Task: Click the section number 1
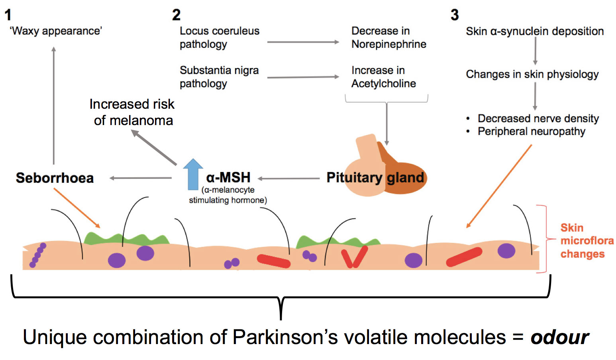coord(8,15)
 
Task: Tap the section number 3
coord(455,15)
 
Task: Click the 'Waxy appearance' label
coord(56,31)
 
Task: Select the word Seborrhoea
coord(55,178)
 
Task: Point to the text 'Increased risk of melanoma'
coord(132,112)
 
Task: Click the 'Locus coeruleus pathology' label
coord(219,37)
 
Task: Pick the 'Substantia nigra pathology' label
coord(219,77)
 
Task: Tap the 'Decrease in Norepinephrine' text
coord(388,37)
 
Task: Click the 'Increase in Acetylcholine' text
coord(383,77)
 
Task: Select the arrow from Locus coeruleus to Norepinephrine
coord(303,42)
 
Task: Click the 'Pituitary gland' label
coord(375,178)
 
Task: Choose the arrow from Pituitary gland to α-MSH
coord(289,178)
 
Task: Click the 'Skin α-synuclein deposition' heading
coord(535,31)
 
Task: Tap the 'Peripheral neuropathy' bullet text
coord(531,131)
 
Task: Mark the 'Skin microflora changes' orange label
coord(587,241)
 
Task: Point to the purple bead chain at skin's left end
coord(37,255)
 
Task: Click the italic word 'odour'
coord(559,337)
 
